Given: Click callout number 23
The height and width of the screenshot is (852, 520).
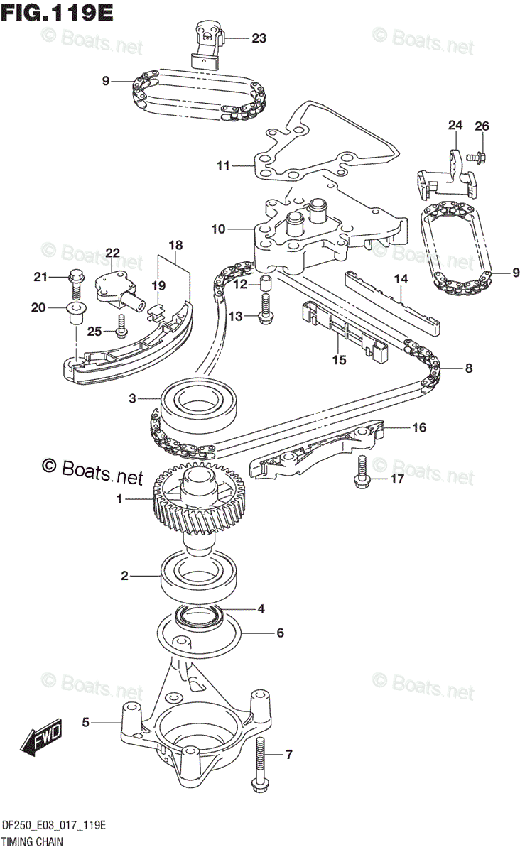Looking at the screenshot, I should (259, 38).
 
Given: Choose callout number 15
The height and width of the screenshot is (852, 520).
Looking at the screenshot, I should (339, 360).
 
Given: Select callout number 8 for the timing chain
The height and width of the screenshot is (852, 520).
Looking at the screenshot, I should (467, 368).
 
